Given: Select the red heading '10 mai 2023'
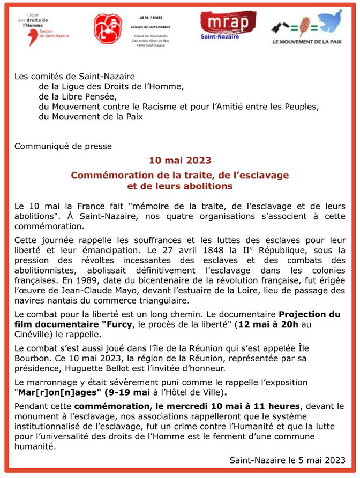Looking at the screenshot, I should point(179,160).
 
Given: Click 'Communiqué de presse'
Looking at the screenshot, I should point(63,146).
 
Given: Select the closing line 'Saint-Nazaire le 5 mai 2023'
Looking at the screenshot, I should point(288,460).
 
